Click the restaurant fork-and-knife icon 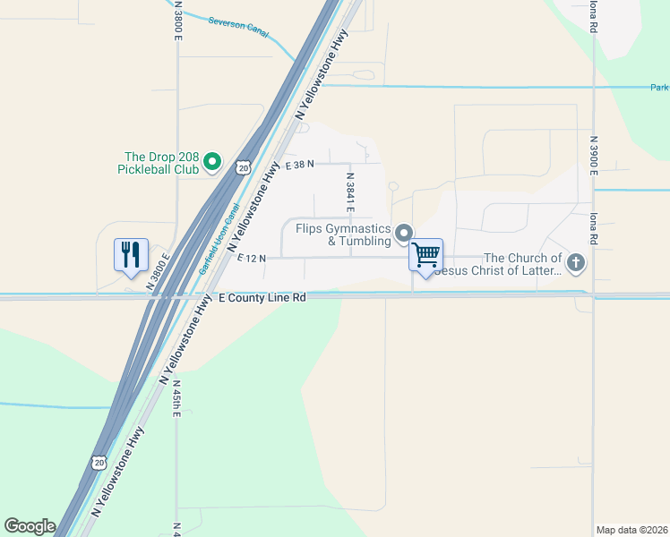point(131,253)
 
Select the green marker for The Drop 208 point(212,162)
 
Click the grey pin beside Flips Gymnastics point(404,233)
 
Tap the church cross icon point(576,263)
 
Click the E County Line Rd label point(263,297)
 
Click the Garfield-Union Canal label point(221,239)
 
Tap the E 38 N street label point(298,165)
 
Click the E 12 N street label point(252,258)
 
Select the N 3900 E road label point(593,153)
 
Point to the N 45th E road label point(177,401)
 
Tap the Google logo point(30,526)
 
